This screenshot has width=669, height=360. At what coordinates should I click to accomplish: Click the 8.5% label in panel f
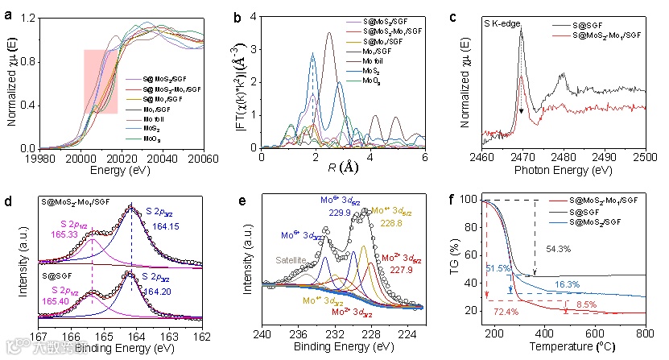(586, 304)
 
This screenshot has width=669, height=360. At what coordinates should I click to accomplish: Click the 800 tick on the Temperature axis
(645, 333)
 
